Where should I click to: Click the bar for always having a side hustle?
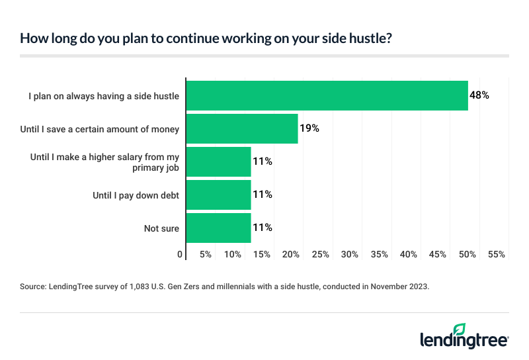click(327, 95)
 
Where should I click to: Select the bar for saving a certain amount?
click(242, 128)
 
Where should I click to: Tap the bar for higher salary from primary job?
click(219, 161)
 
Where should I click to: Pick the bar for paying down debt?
click(219, 195)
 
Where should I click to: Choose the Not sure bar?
click(219, 228)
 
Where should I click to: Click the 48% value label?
click(479, 95)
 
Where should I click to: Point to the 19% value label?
click(309, 128)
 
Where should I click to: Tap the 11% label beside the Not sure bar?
click(263, 228)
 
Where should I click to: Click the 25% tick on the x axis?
click(321, 254)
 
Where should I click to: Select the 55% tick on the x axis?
click(497, 254)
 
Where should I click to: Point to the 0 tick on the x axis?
click(180, 254)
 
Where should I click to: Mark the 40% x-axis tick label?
click(409, 254)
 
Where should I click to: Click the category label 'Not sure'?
click(162, 228)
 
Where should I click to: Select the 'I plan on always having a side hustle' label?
click(104, 96)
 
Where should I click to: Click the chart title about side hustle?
click(206, 38)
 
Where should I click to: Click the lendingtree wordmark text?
click(464, 340)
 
